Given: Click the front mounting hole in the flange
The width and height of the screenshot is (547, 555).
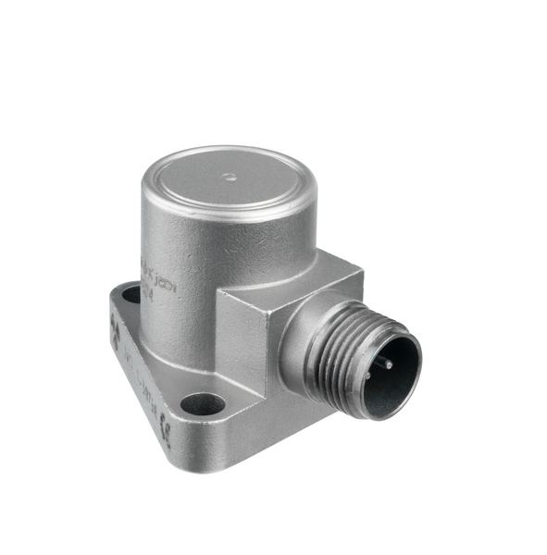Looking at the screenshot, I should [203, 404].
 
